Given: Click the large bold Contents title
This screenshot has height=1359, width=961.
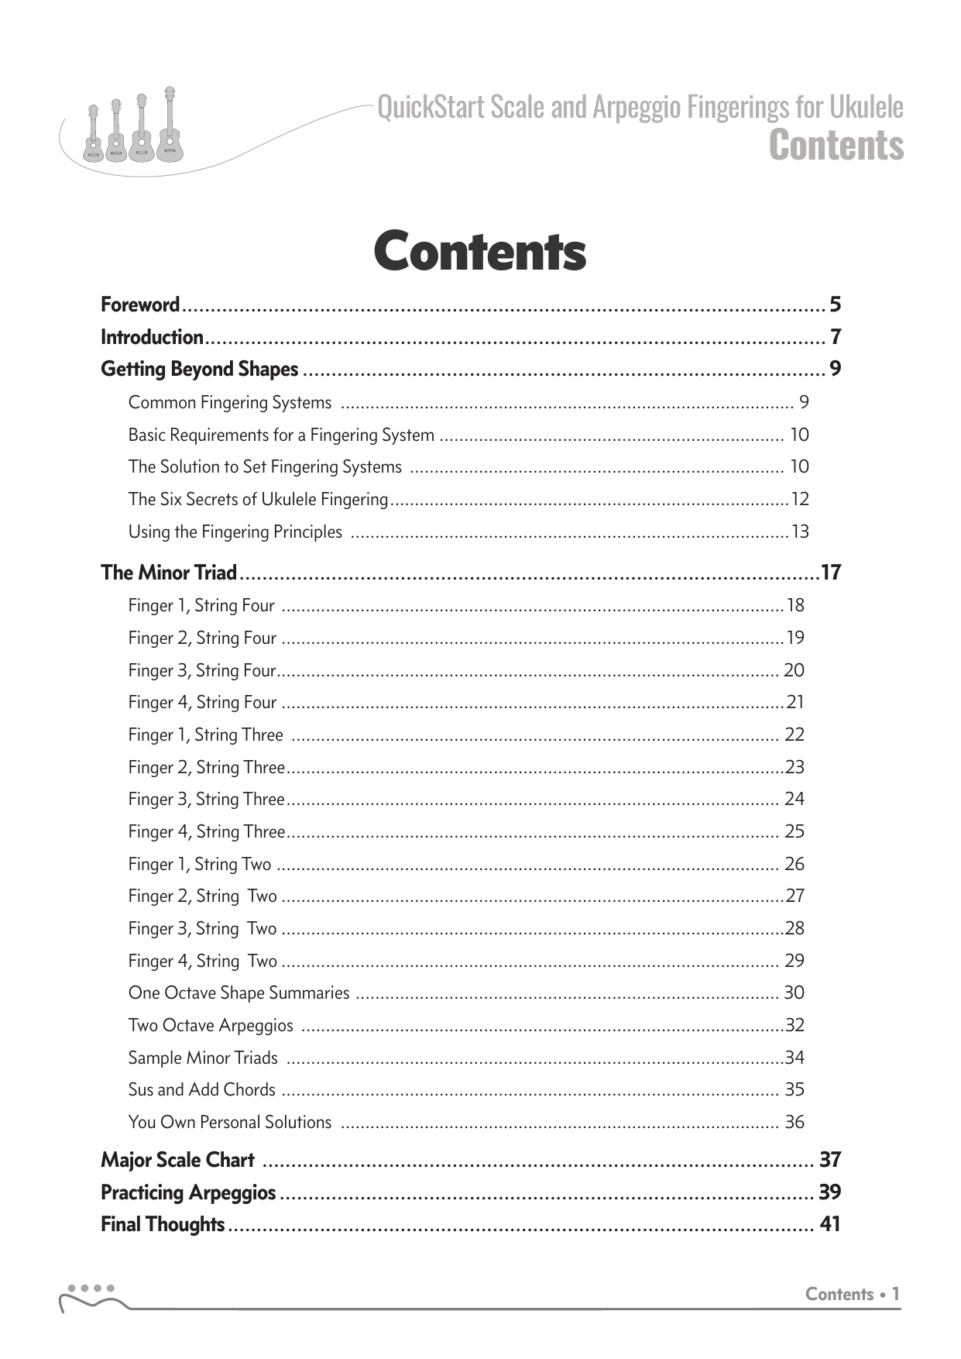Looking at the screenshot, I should (479, 252).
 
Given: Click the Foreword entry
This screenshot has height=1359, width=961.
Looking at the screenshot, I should (140, 304).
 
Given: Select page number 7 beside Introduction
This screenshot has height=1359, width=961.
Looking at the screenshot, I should (835, 337).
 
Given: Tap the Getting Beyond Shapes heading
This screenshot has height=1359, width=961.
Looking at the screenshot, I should (199, 369).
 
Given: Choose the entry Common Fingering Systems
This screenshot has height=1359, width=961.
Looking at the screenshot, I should (229, 402).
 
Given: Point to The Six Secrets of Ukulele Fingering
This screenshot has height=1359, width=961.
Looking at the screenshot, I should (258, 499).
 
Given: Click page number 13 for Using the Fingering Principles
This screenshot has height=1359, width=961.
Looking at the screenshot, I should (799, 532).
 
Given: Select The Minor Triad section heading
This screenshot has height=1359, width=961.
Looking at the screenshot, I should (169, 573).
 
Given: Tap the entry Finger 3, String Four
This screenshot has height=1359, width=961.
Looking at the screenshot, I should (201, 670).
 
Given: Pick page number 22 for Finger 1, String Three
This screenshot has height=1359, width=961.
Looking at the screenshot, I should (794, 735).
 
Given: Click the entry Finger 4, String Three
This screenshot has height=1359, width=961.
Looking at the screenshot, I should (206, 831).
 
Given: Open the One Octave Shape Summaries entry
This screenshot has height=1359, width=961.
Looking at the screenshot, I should (239, 993).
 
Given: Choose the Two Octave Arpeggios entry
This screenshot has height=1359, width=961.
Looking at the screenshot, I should (211, 1025).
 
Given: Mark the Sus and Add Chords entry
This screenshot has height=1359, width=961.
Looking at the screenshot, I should (201, 1089).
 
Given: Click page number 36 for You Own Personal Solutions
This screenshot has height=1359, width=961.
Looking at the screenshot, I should (794, 1122).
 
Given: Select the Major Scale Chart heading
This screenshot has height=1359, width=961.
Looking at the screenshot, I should (177, 1160).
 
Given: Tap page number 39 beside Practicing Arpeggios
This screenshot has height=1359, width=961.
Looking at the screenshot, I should (829, 1192).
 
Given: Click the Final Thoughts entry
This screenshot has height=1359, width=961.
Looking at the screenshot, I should (163, 1224).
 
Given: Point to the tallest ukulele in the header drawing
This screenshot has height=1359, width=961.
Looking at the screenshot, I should (168, 124).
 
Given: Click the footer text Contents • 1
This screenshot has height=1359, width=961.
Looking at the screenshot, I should (852, 1294).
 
